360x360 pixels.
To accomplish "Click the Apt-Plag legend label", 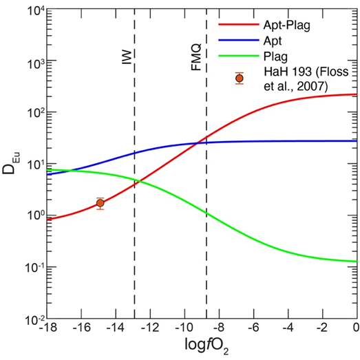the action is click(287, 25).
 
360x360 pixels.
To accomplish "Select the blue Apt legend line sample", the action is click(239, 40).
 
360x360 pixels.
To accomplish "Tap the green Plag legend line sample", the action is click(239, 56).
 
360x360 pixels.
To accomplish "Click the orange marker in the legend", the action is click(240, 78).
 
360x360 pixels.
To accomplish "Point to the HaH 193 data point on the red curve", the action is click(100, 203).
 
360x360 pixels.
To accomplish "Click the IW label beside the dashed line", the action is click(127, 57).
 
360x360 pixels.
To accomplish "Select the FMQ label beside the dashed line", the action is click(196, 57).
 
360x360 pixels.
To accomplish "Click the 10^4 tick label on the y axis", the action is click(36, 10).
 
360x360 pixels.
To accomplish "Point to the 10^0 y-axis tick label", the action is click(36, 217).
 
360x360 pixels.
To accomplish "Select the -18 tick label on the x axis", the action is click(48, 328).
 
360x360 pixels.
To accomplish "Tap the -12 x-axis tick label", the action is click(150, 328).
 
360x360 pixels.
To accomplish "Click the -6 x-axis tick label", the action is click(254, 328).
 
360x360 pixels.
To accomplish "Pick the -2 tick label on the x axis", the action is click(323, 328).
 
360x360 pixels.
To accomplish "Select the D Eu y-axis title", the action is click(11, 162).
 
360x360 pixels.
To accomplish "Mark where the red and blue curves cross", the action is click(197, 143).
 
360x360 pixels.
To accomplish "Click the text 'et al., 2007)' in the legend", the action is click(296, 86).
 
